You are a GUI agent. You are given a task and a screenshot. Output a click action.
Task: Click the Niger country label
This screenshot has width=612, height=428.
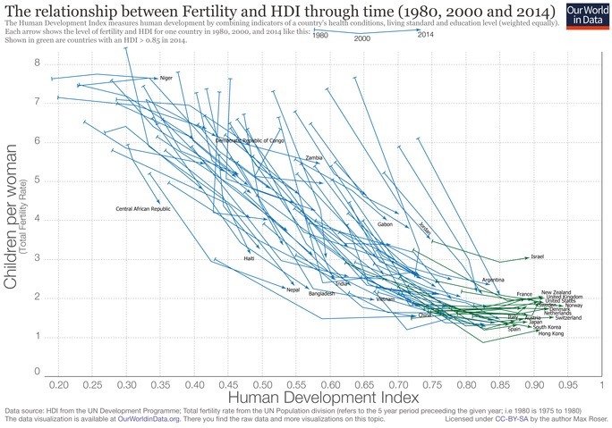click(165, 79)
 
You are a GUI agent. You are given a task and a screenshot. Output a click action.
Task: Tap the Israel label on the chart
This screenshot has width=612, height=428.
click(537, 257)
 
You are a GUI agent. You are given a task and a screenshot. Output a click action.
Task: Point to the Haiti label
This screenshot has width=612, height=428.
click(249, 258)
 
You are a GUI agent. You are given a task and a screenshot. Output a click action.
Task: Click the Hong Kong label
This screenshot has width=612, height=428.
click(551, 334)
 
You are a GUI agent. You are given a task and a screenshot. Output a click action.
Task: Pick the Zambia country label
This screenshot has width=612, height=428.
click(314, 158)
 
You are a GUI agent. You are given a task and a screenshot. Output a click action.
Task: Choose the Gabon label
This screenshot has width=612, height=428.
click(386, 225)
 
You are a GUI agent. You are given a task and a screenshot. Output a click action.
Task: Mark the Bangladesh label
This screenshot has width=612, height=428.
click(321, 294)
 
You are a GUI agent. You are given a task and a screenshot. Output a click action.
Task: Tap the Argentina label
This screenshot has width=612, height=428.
click(493, 281)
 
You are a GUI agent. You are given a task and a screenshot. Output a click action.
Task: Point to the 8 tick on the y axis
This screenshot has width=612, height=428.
click(38, 63)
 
